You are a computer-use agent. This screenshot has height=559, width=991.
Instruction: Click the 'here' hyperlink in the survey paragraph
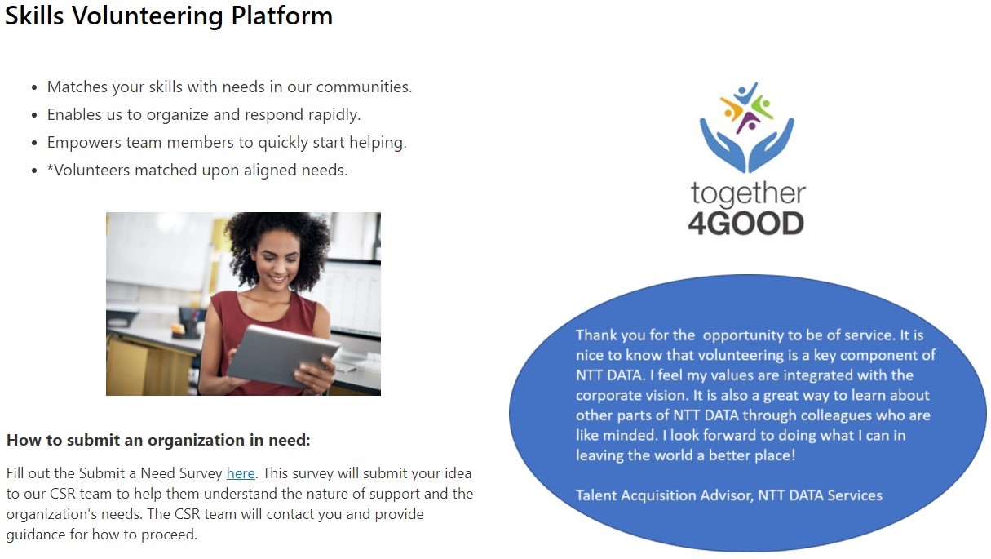(241, 473)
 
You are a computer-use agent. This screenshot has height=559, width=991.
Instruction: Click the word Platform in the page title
(282, 16)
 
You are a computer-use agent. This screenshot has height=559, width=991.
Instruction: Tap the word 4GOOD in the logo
(746, 224)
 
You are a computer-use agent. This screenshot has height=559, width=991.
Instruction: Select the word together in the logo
(748, 195)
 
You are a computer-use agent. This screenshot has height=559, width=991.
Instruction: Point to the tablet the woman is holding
(283, 357)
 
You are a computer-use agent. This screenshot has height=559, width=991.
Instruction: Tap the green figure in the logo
(763, 106)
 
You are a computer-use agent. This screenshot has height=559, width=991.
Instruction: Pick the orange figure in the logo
(732, 108)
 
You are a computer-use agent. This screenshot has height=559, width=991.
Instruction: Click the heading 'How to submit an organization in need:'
(158, 440)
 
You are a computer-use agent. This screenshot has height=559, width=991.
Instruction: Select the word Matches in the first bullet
(77, 87)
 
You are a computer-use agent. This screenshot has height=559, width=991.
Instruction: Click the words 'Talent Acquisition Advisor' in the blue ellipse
(664, 495)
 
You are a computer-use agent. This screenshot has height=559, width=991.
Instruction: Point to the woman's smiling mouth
(278, 279)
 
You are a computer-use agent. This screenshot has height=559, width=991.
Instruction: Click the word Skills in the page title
(34, 16)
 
